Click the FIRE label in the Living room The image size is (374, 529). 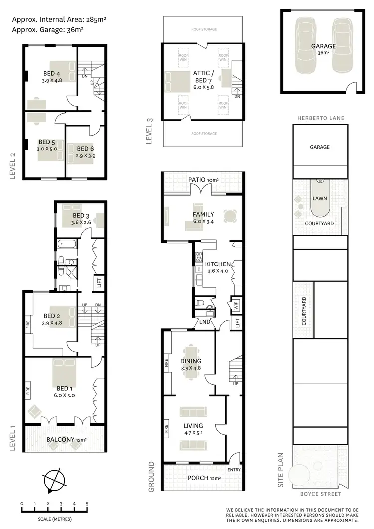pyautogui.click(x=166, y=427)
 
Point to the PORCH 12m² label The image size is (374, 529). pyautogui.click(x=204, y=478)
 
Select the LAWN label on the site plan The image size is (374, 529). pyautogui.click(x=319, y=198)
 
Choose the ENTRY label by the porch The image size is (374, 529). pyautogui.click(x=233, y=470)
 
